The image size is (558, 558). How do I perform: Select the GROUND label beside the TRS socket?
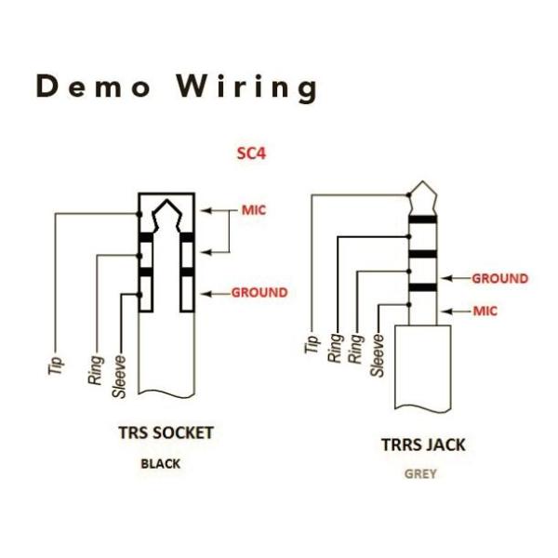click(259, 292)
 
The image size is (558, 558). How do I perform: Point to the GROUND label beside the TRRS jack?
click(500, 278)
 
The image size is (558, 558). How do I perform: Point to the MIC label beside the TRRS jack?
click(485, 311)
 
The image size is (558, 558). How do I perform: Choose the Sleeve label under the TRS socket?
click(119, 377)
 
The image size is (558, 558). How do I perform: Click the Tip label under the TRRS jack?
click(312, 343)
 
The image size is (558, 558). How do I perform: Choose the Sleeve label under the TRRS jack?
click(378, 354)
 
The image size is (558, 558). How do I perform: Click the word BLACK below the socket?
click(160, 463)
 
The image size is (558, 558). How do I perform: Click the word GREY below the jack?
click(419, 473)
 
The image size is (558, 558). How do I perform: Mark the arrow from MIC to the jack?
click(456, 311)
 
